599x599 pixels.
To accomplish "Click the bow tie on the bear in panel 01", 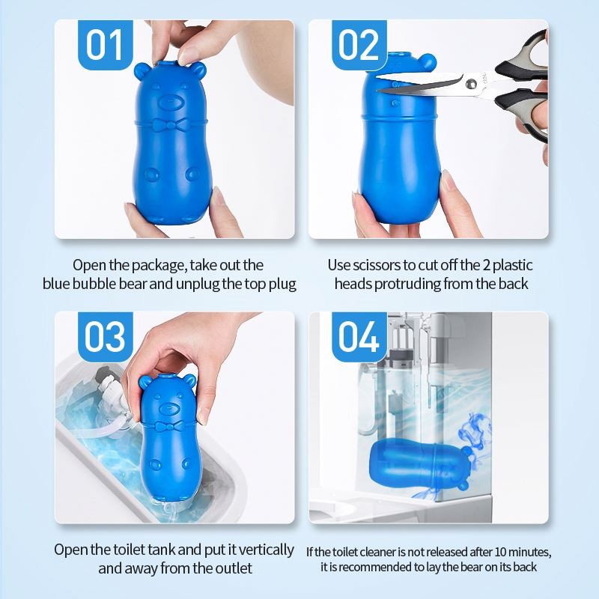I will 174,121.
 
